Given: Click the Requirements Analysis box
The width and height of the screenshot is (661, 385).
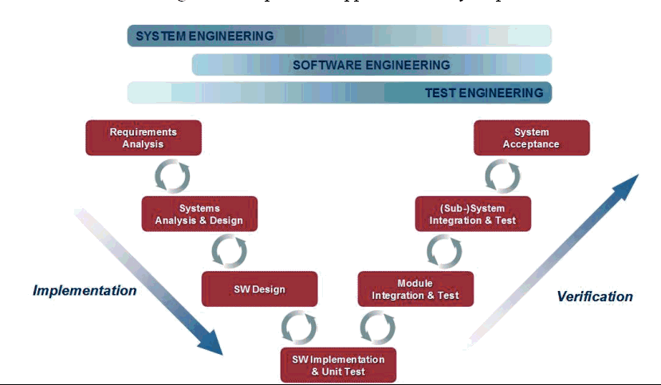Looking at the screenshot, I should pos(143,137).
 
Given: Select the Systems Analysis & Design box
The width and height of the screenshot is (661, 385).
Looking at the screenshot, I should pos(199,214).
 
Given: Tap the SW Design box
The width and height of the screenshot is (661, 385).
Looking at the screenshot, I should pos(259,289).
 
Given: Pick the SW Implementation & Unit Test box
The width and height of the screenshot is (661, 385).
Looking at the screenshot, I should pos(338,365).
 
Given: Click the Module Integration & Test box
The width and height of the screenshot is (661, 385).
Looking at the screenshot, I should pos(415,289).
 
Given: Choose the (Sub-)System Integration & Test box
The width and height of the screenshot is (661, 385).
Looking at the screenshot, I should pos(473,214).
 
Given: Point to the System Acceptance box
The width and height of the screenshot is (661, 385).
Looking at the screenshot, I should pos(531,137).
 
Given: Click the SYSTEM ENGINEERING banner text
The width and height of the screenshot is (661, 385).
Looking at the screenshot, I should pos(205,36).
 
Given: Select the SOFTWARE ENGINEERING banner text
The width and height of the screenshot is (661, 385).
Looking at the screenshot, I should pos(372,65).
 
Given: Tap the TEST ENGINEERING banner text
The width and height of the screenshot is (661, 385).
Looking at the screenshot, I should pos(484,92).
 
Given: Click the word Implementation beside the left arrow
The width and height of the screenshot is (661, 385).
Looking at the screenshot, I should pos(85,290).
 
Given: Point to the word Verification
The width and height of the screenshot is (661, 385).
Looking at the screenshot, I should pos(594,297).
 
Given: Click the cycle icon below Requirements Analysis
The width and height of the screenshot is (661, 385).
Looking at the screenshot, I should pos(171,175).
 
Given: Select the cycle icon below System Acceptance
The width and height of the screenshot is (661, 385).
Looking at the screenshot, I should pos(502,175).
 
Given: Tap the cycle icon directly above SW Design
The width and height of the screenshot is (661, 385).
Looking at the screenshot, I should pos(229,251).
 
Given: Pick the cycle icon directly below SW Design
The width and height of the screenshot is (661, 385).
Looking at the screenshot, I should pos(299,327).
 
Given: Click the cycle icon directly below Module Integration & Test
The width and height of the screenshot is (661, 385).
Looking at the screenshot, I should pos(377,327).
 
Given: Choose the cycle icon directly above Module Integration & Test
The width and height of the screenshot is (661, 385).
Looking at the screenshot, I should pos(444,251).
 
